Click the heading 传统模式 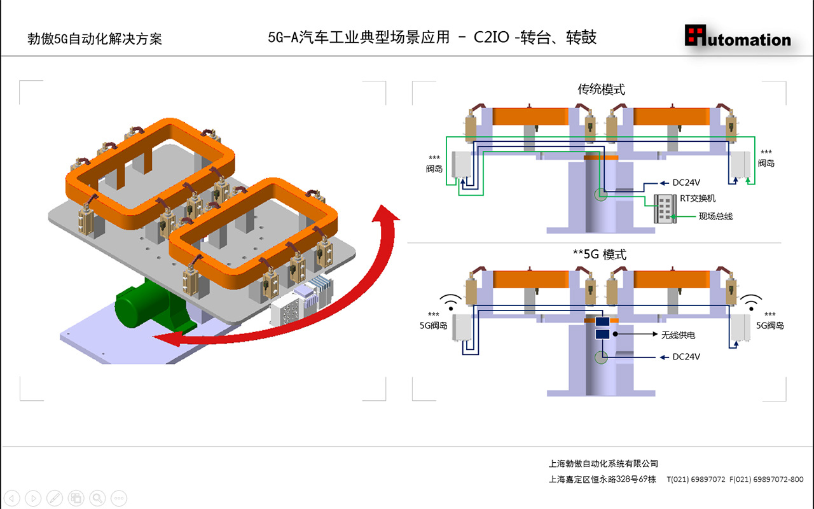[601, 90]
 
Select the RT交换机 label [698, 199]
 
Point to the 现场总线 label [715, 217]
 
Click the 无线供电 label [679, 334]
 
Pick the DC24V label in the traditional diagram [686, 183]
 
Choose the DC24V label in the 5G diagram [686, 357]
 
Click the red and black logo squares [696, 35]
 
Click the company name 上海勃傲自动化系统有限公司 [604, 464]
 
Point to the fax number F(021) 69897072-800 [766, 480]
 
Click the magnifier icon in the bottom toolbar [97, 498]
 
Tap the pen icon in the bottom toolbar [55, 498]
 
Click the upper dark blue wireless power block [602, 322]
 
